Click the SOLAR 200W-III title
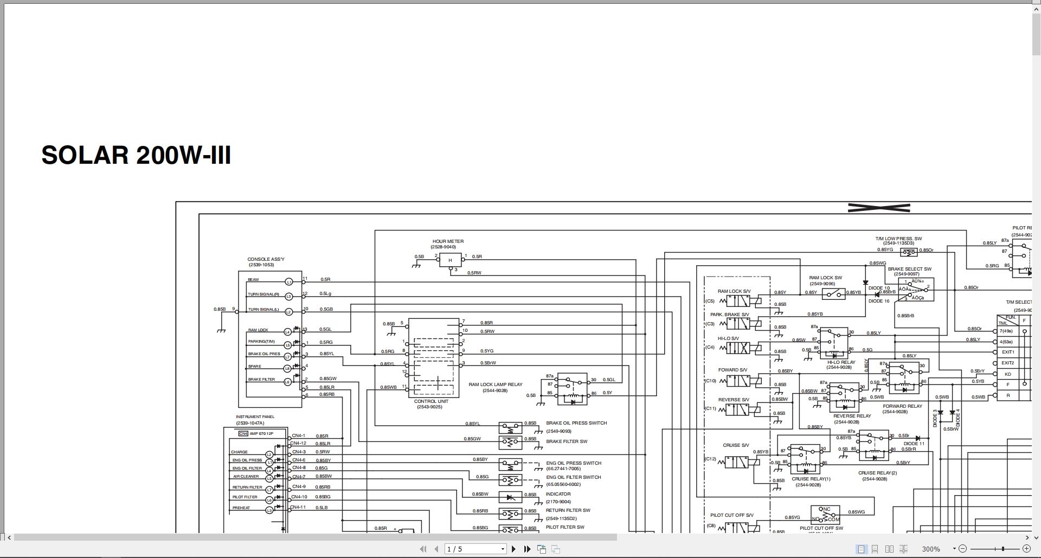click(x=136, y=156)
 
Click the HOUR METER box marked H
click(x=450, y=260)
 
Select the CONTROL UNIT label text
click(x=431, y=401)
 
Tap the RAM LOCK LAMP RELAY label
click(x=496, y=384)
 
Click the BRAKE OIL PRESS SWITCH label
click(x=576, y=423)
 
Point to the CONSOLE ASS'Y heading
click(x=266, y=259)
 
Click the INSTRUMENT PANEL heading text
click(x=255, y=417)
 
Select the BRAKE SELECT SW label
click(x=909, y=269)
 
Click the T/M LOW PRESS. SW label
click(x=898, y=239)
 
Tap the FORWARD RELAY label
click(x=902, y=406)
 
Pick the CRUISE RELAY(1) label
click(x=811, y=479)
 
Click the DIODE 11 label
click(x=914, y=444)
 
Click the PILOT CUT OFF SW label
click(x=821, y=528)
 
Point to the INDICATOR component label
click(x=558, y=494)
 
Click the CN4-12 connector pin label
click(x=298, y=444)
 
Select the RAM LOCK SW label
click(x=826, y=278)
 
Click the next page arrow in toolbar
click(x=513, y=549)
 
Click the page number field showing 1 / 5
click(x=475, y=549)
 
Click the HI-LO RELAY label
click(x=841, y=362)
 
